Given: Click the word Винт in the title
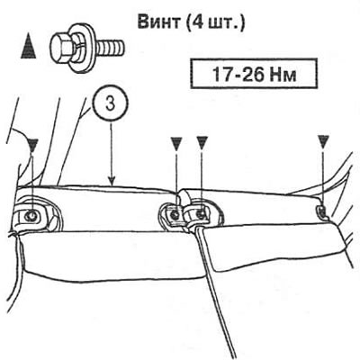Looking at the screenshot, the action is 157,22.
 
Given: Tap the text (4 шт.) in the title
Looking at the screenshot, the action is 215,22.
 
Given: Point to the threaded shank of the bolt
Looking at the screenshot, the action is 111,48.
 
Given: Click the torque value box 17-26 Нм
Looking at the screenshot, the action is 254,74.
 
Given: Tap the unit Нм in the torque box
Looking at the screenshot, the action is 283,75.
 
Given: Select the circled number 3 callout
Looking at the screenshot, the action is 110,105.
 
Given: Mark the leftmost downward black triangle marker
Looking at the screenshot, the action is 33,143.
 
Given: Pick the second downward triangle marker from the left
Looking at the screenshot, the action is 176,142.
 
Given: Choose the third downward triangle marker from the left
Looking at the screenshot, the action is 202,142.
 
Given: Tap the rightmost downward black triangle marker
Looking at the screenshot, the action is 323,141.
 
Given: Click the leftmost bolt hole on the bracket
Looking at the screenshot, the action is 31,215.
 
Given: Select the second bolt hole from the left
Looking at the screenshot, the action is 175,214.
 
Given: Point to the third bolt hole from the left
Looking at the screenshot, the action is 200,213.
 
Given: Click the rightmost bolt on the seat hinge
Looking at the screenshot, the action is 322,211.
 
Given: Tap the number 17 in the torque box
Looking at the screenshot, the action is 221,74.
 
